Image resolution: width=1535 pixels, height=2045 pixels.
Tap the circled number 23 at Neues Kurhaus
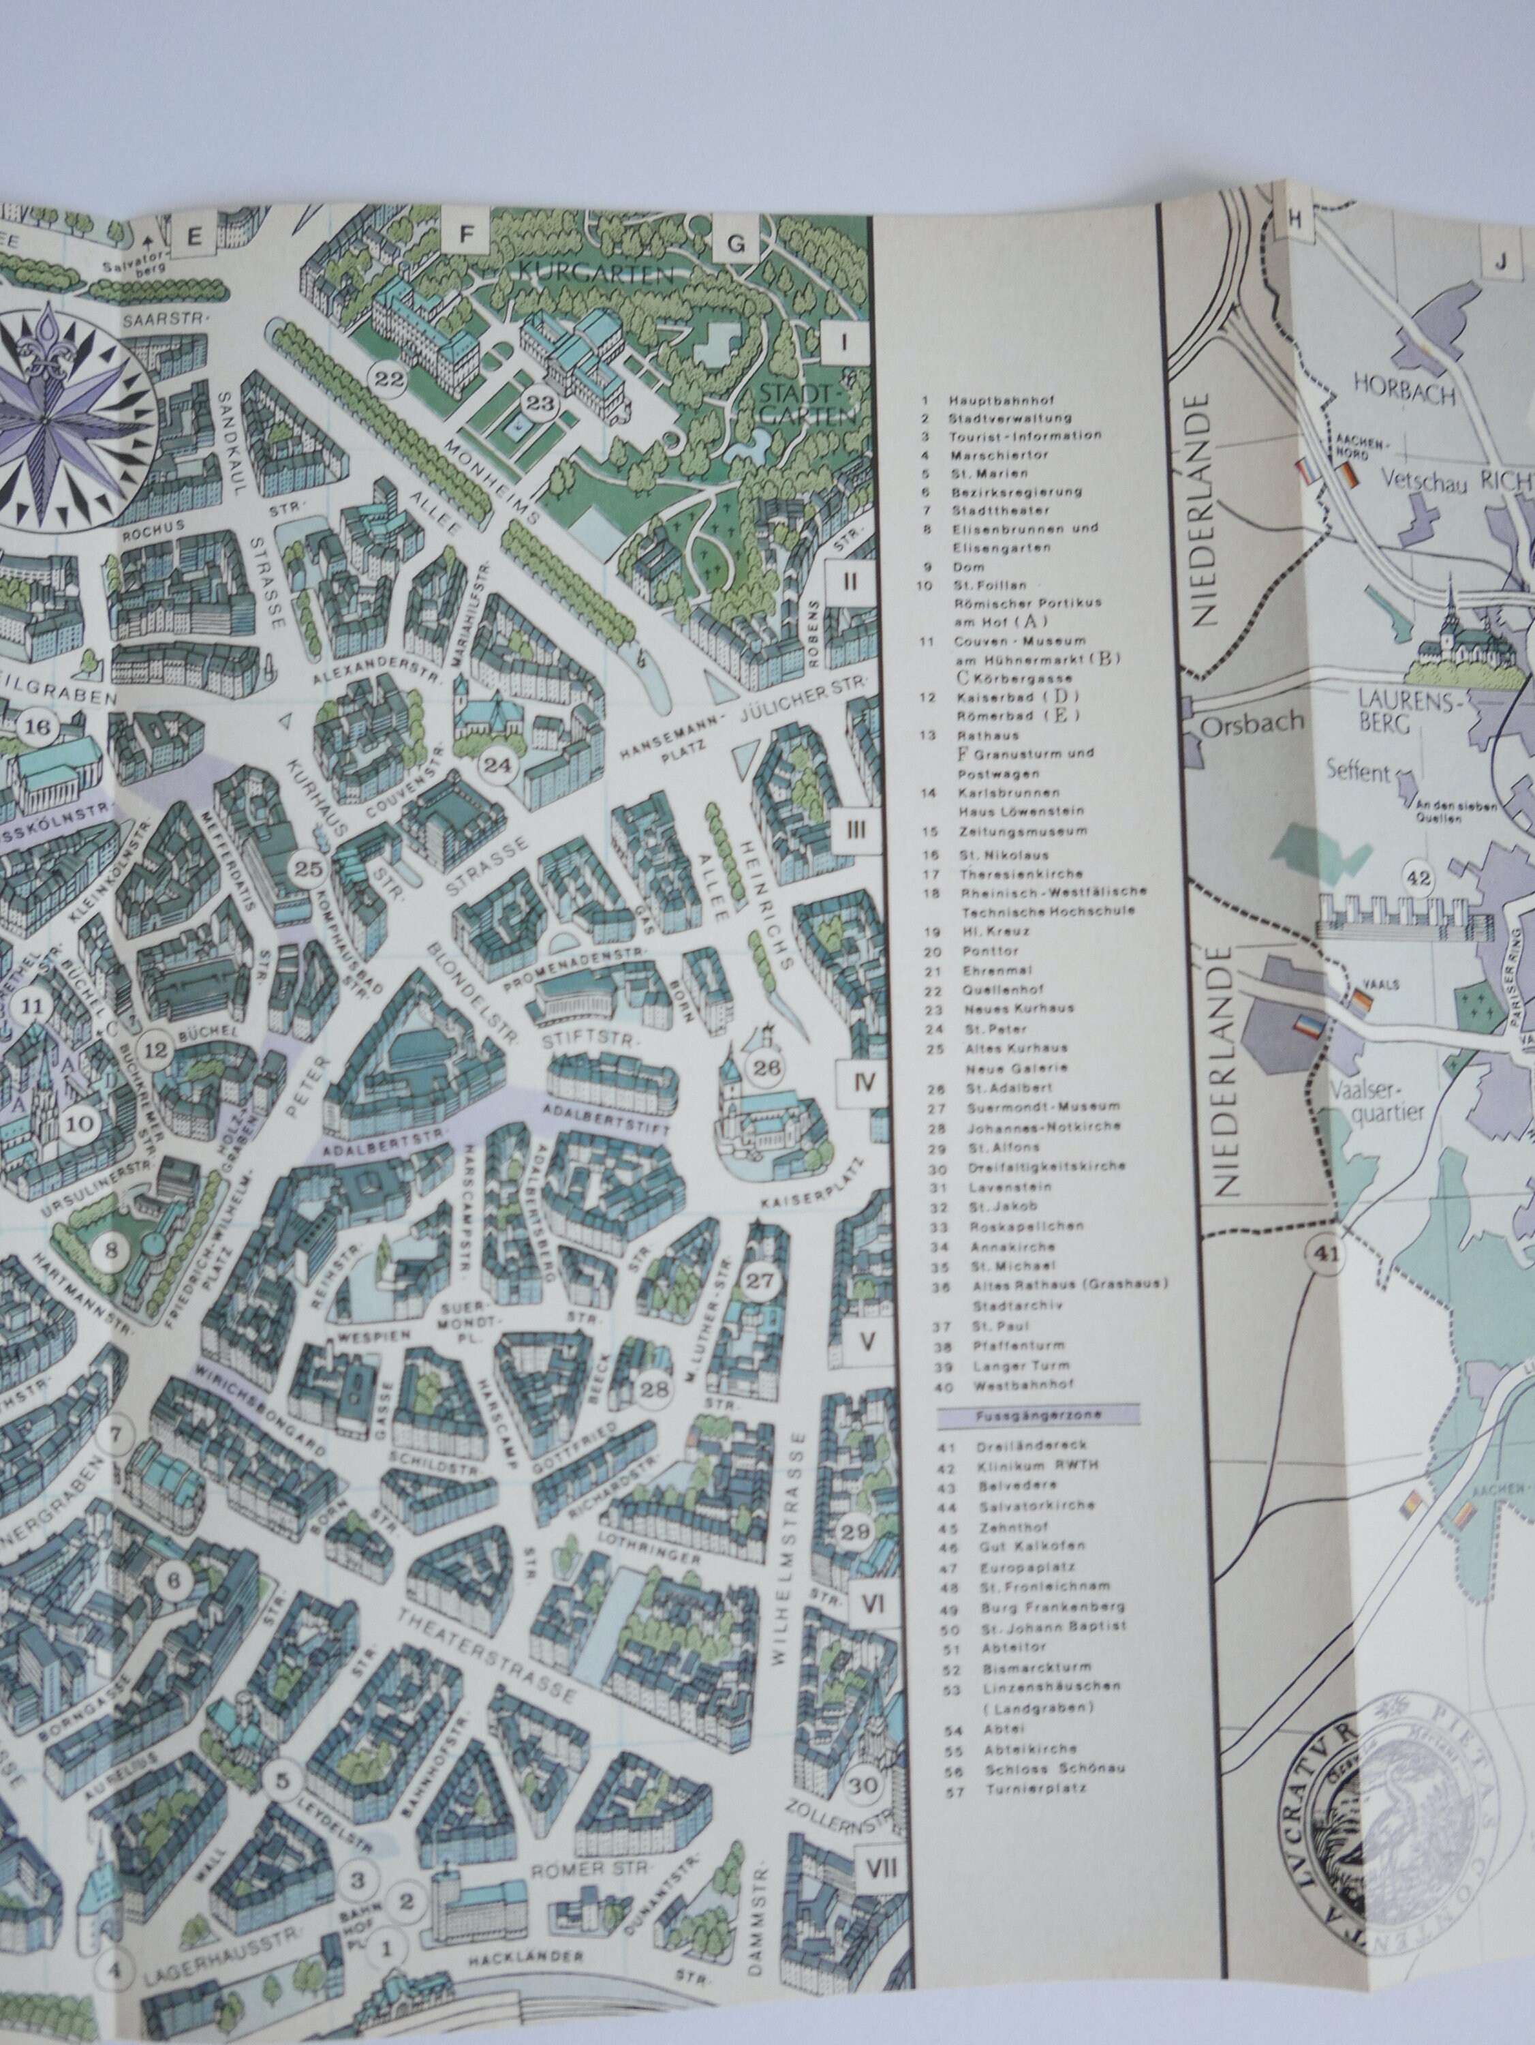tap(539, 402)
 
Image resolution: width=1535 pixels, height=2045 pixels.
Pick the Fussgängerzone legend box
tap(1037, 1415)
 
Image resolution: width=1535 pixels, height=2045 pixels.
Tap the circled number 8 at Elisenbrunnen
tap(112, 1253)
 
